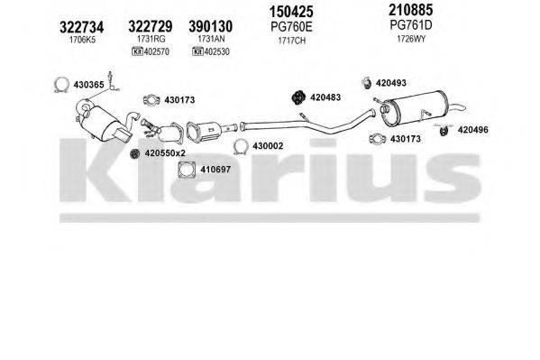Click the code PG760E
coord(293,28)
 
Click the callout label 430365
coord(92,85)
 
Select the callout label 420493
coord(391,83)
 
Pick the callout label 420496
coord(473,129)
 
